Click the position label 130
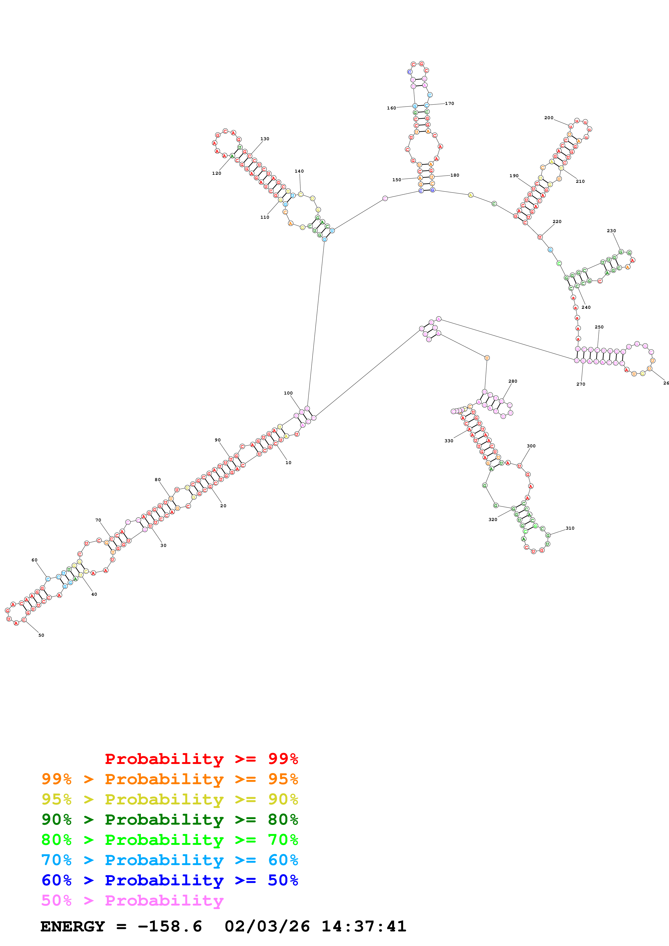[x=265, y=139]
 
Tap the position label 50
[x=41, y=635]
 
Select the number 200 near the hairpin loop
[x=549, y=118]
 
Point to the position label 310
[x=570, y=528]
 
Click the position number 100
[x=288, y=393]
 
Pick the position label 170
[x=449, y=103]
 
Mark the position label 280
[x=513, y=381]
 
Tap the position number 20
[x=223, y=506]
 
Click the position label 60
[x=34, y=560]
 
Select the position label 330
[x=449, y=441]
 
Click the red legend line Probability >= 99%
[x=201, y=759]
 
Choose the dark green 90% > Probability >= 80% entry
[x=169, y=820]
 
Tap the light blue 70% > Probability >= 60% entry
[x=169, y=860]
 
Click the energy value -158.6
[x=170, y=926]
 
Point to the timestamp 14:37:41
[x=364, y=926]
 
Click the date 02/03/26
[x=267, y=926]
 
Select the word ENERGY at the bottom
[x=73, y=926]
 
